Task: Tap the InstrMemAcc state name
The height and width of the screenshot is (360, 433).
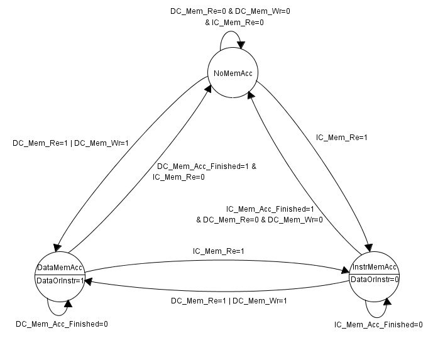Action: (375, 266)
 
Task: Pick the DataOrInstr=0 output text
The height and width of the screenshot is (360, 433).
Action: (375, 278)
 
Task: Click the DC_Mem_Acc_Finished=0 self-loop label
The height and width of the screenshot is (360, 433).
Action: (62, 324)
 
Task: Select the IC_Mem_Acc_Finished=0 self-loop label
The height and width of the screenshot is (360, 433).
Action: (378, 324)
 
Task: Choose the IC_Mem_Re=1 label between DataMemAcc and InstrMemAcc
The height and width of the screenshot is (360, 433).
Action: (218, 251)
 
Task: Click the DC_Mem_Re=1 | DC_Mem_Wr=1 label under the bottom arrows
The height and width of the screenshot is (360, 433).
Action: (229, 300)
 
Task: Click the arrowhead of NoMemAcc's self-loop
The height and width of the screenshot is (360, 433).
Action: (241, 45)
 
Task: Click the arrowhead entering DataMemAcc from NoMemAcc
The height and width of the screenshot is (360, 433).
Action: (58, 246)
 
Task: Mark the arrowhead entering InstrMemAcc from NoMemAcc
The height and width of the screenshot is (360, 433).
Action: (370, 246)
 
